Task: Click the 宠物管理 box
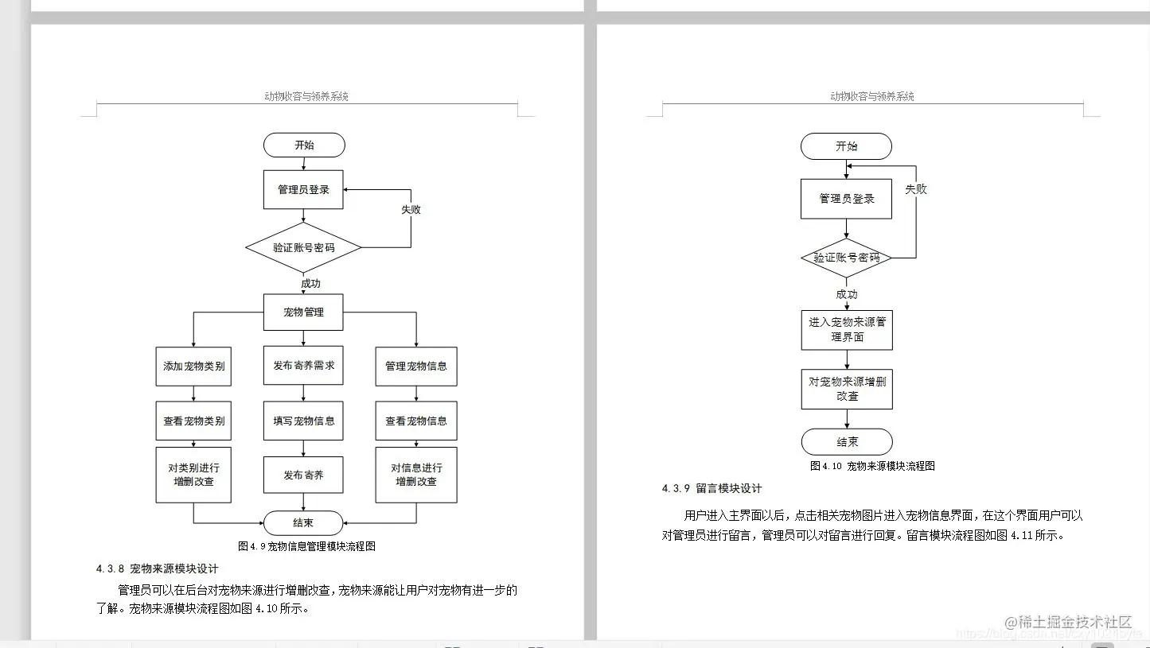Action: [x=303, y=312]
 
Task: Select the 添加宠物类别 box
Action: [x=193, y=367]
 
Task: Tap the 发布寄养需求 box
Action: [x=303, y=367]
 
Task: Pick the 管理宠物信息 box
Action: [x=416, y=367]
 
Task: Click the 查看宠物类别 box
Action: [x=193, y=421]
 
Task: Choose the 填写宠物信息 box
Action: [x=303, y=421]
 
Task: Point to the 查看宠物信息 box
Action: [x=416, y=421]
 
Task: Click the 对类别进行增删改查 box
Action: [x=193, y=475]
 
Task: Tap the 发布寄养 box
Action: [x=303, y=475]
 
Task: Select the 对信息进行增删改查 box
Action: [x=416, y=475]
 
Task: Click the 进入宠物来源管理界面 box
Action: [x=847, y=330]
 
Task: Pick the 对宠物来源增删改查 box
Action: [x=847, y=389]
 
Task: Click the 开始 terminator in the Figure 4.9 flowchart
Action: [x=304, y=146]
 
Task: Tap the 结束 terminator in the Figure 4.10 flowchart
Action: [x=847, y=442]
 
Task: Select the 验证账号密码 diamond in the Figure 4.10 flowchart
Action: [x=846, y=258]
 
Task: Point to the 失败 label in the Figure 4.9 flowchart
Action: [x=411, y=210]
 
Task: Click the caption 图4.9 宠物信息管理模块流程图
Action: [x=306, y=546]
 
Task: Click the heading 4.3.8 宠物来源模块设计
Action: [x=157, y=568]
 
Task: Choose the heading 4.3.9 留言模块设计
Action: [x=711, y=488]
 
